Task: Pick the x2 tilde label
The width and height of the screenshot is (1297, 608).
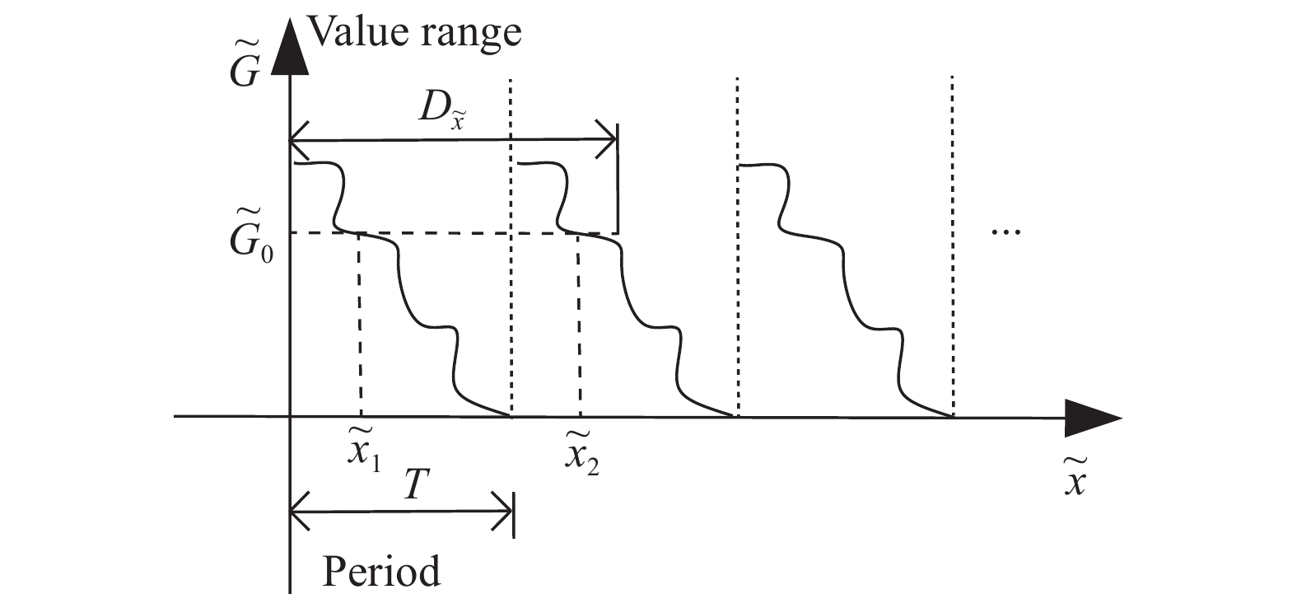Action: click(x=581, y=454)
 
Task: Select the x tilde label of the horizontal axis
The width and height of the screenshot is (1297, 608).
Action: click(x=1073, y=479)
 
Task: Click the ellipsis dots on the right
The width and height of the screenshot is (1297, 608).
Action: click(x=1005, y=233)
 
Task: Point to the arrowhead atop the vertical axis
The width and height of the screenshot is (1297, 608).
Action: click(x=291, y=45)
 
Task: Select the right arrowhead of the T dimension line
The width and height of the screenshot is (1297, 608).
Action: click(x=503, y=515)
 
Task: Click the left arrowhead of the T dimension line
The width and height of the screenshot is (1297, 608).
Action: click(x=301, y=515)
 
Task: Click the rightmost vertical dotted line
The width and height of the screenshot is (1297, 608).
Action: click(x=953, y=247)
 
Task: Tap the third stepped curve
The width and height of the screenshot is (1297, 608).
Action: click(x=848, y=288)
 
